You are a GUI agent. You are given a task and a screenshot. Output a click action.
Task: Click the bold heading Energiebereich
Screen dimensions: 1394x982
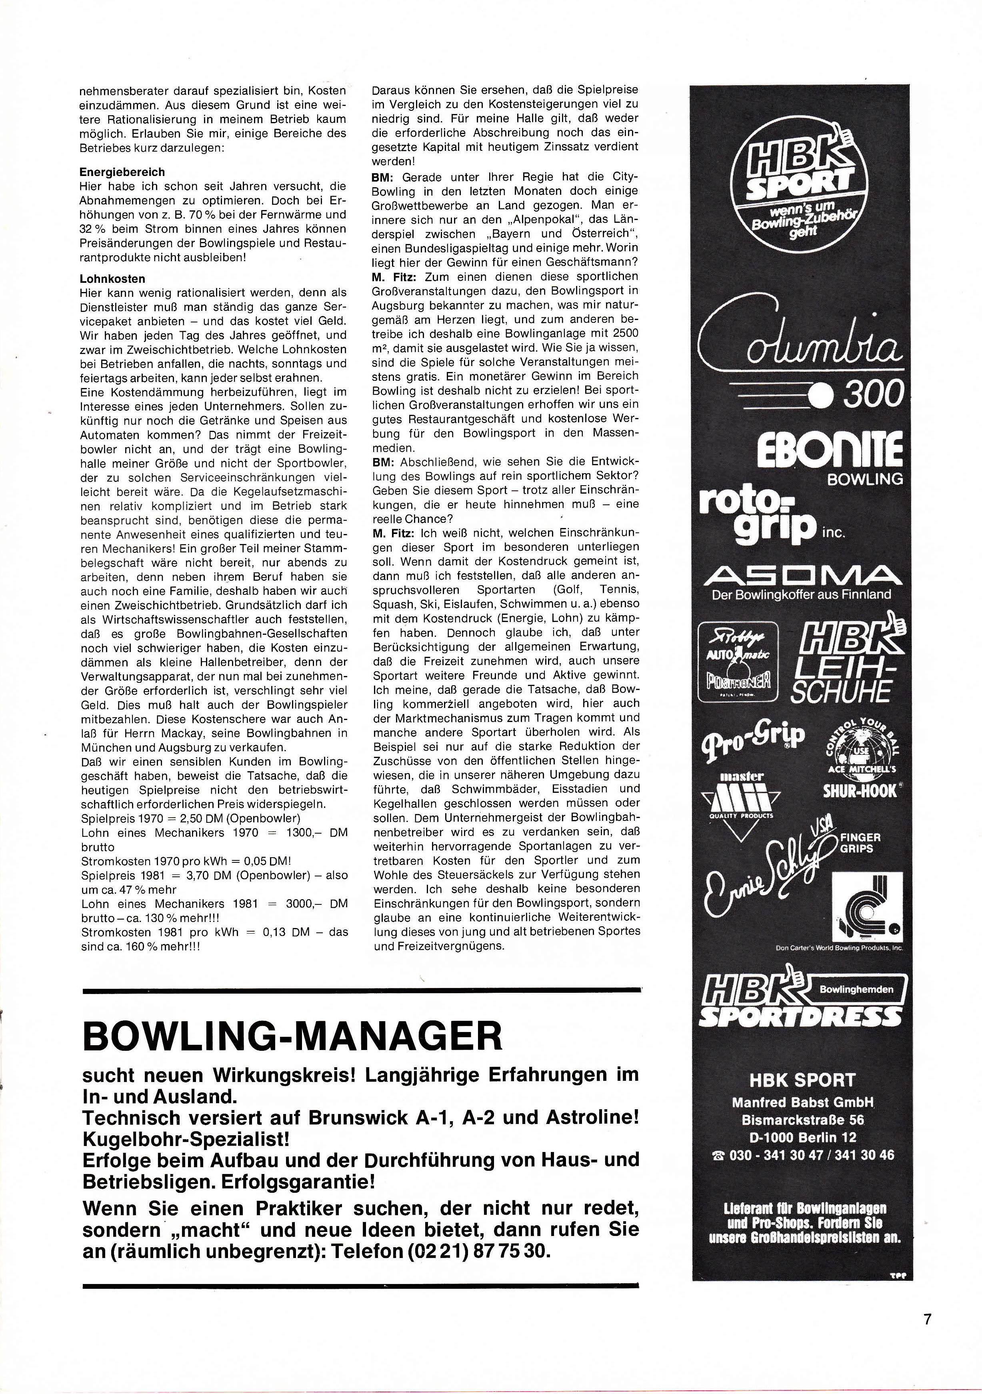coord(122,172)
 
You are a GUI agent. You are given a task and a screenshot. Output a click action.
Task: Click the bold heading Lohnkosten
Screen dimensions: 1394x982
coord(112,279)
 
